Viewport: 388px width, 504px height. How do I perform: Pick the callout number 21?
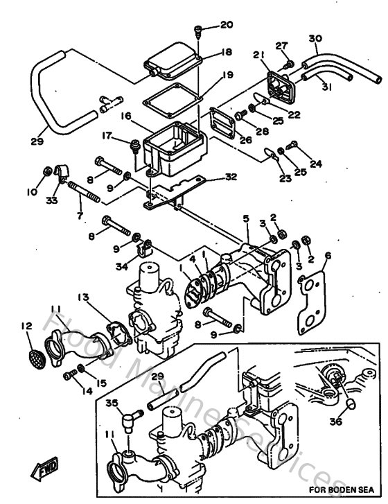pos(259,55)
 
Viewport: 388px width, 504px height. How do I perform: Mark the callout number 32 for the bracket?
pos(231,177)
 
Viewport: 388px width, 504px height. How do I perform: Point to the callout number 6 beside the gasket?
pos(327,255)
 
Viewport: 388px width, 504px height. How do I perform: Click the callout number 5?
pos(245,218)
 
